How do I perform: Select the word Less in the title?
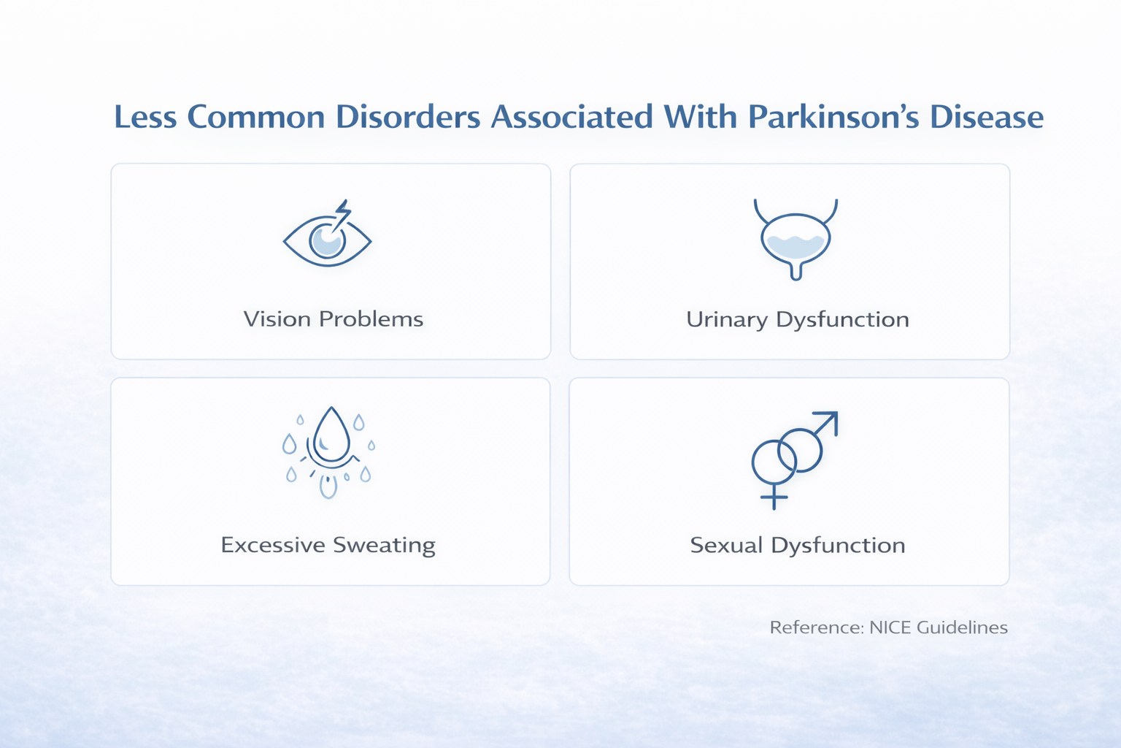coord(145,118)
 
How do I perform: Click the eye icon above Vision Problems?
coord(327,238)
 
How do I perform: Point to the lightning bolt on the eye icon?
coord(342,213)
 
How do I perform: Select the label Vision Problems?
coord(333,319)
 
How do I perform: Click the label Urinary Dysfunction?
coord(797,320)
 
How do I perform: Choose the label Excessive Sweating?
coord(328,546)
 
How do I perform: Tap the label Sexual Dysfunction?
coord(797,546)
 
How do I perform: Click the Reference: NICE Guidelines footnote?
coord(888,627)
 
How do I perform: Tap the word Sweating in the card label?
coord(384,546)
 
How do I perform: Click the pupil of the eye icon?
coord(326,240)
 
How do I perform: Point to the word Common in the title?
coord(255,118)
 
